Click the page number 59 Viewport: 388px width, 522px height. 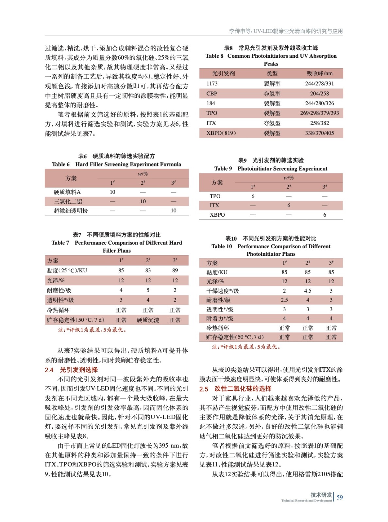click(340, 497)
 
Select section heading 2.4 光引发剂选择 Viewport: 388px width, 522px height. click(71, 370)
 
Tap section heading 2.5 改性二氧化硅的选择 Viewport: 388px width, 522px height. click(235, 389)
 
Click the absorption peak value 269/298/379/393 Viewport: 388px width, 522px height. click(319, 113)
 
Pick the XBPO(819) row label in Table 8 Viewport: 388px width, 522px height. click(221, 133)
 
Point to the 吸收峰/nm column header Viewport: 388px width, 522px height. click(319, 73)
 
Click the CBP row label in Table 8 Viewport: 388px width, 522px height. click(212, 93)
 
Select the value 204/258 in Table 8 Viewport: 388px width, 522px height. click(319, 93)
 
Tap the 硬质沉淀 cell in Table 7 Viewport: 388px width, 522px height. click(148, 320)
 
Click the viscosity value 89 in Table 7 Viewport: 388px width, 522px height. click(175, 270)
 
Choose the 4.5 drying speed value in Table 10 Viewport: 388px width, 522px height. click(308, 290)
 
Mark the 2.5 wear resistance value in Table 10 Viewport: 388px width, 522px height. click(284, 299)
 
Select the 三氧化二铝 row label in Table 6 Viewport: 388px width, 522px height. click(68, 201)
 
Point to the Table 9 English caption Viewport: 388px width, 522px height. click(271, 168)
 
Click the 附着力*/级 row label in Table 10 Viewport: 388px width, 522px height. click(220, 318)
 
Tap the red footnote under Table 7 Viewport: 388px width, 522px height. click(92, 330)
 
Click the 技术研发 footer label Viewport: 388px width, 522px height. click(321, 495)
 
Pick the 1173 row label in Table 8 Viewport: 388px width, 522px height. click(212, 84)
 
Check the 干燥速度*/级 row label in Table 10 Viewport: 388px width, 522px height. click(222, 291)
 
